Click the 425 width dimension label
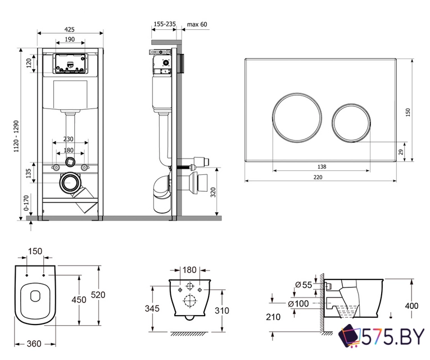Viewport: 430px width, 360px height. pyautogui.click(x=70, y=29)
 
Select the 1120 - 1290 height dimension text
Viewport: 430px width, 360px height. pyautogui.click(x=16, y=136)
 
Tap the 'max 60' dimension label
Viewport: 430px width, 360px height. pyautogui.click(x=197, y=24)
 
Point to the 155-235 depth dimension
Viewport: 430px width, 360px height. pyautogui.click(x=165, y=24)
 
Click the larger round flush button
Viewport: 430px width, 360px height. pyautogui.click(x=297, y=118)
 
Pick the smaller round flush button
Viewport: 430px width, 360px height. pyautogui.click(x=351, y=123)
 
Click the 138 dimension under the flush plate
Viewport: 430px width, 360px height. pyautogui.click(x=322, y=166)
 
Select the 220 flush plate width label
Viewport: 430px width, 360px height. pyautogui.click(x=318, y=177)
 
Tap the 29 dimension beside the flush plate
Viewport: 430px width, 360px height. pyautogui.click(x=401, y=152)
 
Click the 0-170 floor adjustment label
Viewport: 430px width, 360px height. pyautogui.click(x=26, y=202)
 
